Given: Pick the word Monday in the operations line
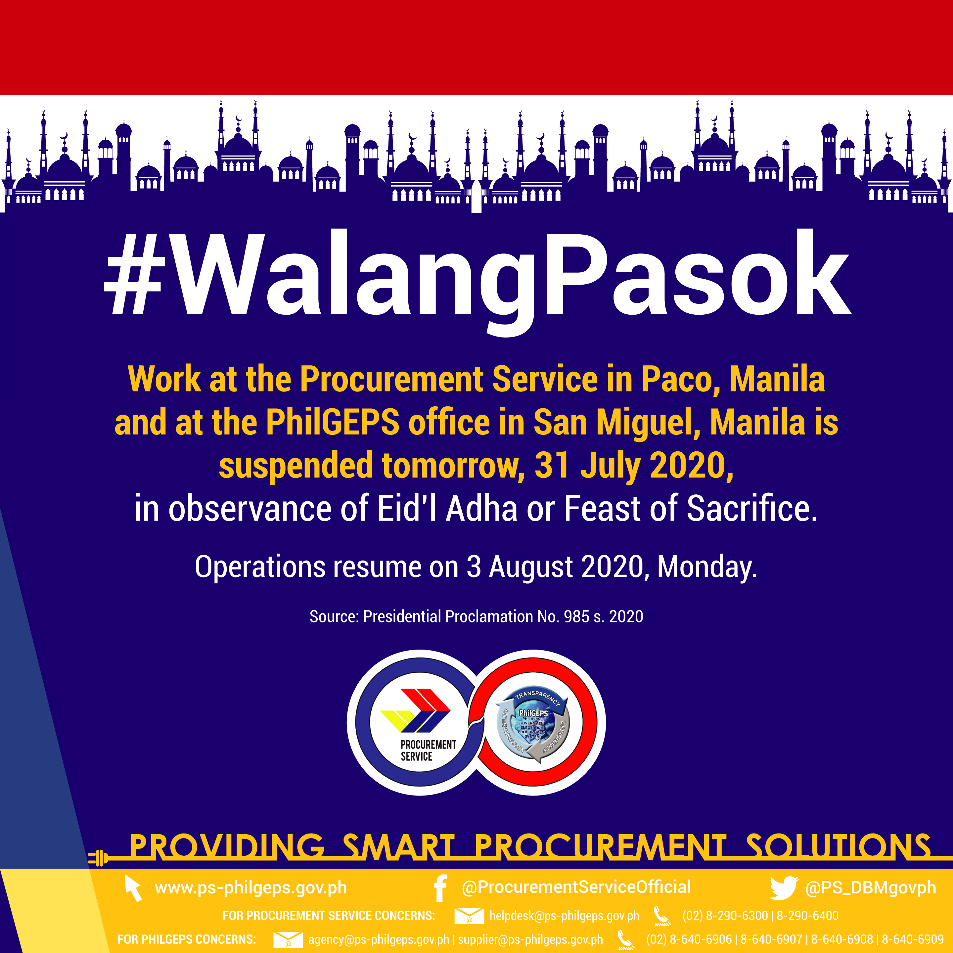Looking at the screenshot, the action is pyautogui.click(x=707, y=567).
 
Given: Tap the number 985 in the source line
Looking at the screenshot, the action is pyautogui.click(x=577, y=616).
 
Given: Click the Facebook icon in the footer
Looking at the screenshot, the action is pyautogui.click(x=440, y=888).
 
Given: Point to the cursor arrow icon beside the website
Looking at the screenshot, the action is pyautogui.click(x=133, y=888).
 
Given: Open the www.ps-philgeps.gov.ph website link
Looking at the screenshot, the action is pyautogui.click(x=250, y=888).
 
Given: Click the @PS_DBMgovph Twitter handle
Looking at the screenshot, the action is pyautogui.click(x=871, y=887).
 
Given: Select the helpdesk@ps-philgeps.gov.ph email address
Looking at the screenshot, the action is pyautogui.click(x=564, y=916).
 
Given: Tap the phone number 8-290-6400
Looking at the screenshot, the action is pyautogui.click(x=807, y=916).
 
